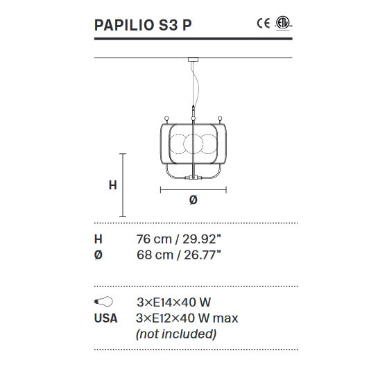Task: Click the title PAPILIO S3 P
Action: [x=143, y=26]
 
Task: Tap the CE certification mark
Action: [x=263, y=24]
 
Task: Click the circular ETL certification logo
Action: [x=282, y=24]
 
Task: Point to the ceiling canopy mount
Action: [x=191, y=60]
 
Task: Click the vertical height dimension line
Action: [x=123, y=185]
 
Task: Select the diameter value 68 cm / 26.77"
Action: [x=179, y=255]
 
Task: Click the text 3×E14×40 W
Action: [x=174, y=302]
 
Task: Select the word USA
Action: [x=105, y=318]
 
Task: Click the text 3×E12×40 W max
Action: [x=188, y=318]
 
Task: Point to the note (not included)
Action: [x=177, y=334]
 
